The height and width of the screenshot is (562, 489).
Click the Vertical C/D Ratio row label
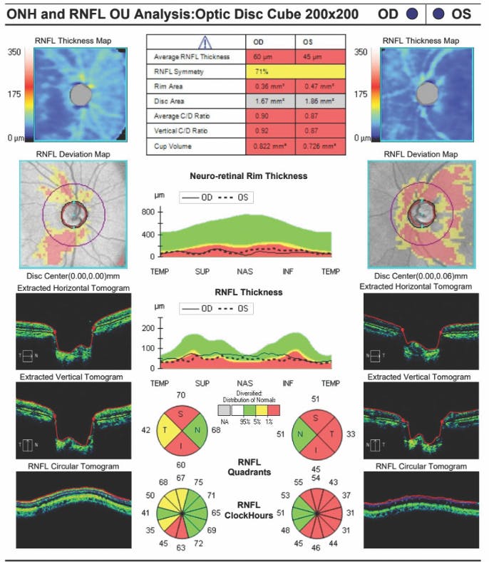179,131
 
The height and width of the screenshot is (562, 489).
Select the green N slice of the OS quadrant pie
303,431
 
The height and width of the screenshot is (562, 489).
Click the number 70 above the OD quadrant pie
181,394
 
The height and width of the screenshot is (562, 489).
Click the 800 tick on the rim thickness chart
149,212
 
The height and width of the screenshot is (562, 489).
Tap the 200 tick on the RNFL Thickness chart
149,328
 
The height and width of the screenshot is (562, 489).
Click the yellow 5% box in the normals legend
262,411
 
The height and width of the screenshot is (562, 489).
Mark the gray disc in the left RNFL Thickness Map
81,94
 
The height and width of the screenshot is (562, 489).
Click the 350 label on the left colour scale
14,52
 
